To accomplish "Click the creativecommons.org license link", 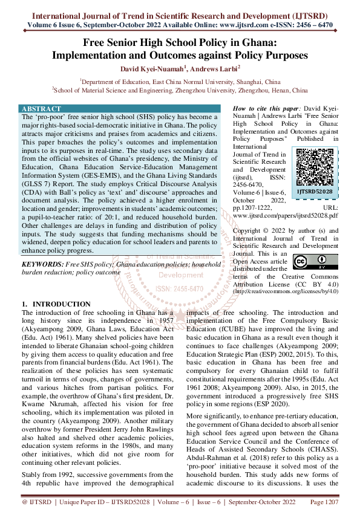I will pos(286,291).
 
